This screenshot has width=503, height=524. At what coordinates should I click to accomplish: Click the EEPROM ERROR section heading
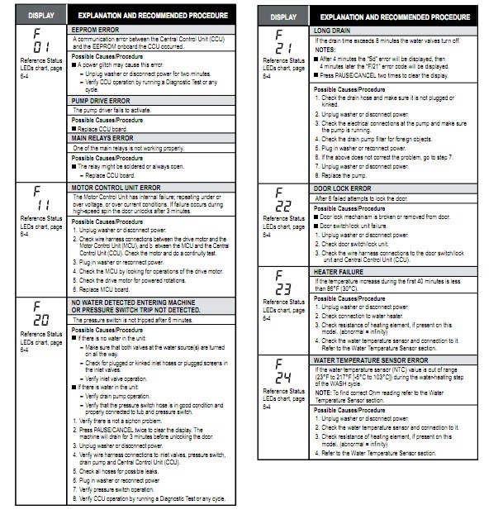coord(97,28)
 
